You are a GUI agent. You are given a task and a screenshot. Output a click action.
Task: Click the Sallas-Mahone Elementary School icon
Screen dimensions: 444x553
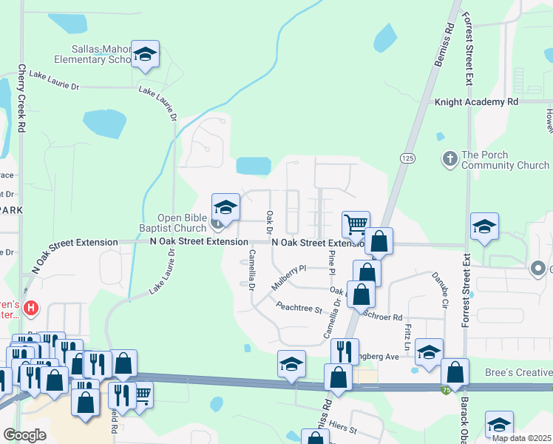coord(146,55)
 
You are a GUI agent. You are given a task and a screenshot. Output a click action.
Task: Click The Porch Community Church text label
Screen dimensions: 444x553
coord(505,160)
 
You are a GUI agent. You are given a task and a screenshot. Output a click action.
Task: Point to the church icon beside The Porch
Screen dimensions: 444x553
coord(448,158)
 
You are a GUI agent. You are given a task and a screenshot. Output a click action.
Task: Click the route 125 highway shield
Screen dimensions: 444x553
coord(407,158)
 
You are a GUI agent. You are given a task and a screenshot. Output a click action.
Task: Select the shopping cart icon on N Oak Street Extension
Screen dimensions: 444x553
coord(356,224)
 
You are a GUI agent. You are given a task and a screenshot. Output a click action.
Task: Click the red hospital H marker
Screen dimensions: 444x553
coord(30,307)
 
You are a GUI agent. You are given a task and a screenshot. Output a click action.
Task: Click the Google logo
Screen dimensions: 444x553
coord(24,434)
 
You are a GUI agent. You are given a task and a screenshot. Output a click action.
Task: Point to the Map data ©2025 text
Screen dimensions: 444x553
coord(521,438)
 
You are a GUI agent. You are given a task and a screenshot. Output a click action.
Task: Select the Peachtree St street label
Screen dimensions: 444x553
coord(299,306)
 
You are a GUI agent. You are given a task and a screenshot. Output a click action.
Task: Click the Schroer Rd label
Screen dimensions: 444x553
coord(387,316)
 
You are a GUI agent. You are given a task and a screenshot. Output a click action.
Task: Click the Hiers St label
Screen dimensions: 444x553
coord(342,429)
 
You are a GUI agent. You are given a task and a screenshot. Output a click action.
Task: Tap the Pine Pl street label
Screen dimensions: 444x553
coord(330,259)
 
